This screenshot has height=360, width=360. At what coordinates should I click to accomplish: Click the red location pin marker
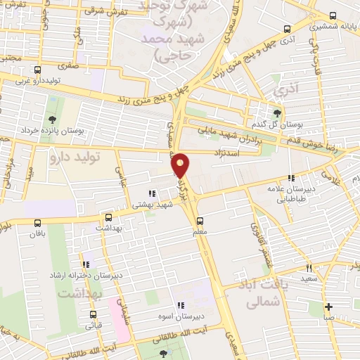click(x=181, y=165)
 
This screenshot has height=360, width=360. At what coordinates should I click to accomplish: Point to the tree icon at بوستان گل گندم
click(x=278, y=112)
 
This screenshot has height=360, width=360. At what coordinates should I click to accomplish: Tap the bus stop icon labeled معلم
click(x=200, y=219)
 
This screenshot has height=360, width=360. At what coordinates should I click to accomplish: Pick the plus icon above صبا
click(x=328, y=307)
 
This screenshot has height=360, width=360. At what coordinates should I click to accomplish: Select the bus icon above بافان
click(x=37, y=222)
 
